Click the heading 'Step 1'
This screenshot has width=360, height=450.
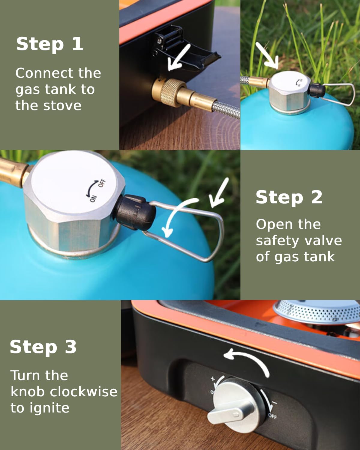coord(49,44)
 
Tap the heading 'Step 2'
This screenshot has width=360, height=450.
coord(289,197)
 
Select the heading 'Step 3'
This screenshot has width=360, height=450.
coord(43,347)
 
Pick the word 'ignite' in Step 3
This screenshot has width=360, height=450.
coord(49,408)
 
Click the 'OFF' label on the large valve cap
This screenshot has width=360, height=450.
coord(102,183)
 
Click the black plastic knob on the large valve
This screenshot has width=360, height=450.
coord(135,212)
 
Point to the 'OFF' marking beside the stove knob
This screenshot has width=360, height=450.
coord(273,416)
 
